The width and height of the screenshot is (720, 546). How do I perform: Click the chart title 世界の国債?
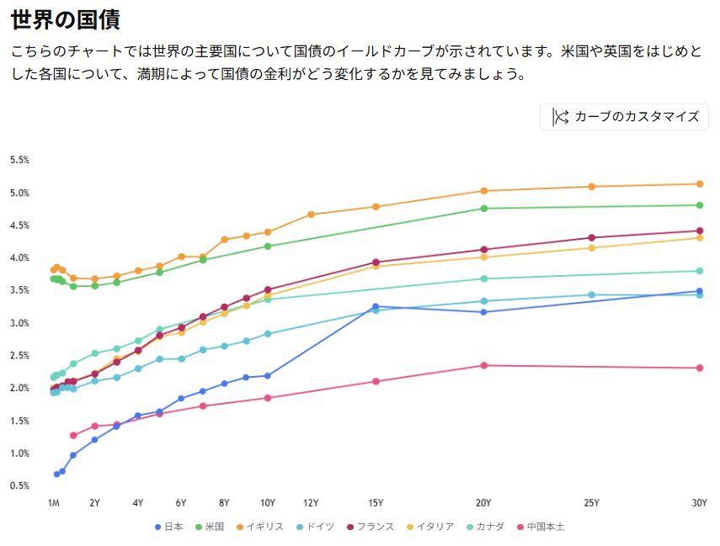65,19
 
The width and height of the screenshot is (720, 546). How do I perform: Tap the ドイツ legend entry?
314,527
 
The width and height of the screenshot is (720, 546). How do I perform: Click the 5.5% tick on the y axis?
19,160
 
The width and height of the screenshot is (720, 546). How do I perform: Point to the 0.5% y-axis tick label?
19,485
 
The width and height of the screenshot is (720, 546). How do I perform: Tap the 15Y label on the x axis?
376,503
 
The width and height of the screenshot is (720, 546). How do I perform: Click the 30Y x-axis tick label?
699,503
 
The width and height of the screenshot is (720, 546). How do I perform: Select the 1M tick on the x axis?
53,503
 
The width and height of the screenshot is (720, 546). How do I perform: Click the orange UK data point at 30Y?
699,184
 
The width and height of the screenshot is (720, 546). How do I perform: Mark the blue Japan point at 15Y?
376,307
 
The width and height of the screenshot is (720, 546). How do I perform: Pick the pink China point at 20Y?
484,365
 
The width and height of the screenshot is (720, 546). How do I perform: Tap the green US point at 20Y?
484,209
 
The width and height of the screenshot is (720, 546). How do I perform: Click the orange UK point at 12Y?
311,215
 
